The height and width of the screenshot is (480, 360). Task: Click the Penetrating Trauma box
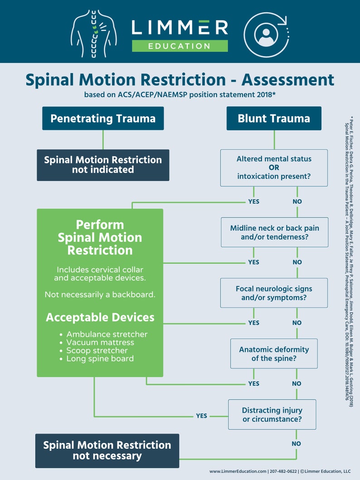(103, 119)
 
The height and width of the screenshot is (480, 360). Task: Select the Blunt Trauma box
(274, 119)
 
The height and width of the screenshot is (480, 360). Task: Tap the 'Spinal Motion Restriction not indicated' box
(103, 165)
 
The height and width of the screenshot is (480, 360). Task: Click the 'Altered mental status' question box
(274, 168)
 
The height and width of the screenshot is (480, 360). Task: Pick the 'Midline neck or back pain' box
(274, 232)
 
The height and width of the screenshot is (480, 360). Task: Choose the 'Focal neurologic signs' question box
(274, 293)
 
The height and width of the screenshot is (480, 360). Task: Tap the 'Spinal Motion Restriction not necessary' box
(107, 451)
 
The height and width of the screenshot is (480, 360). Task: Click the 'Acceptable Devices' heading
(100, 317)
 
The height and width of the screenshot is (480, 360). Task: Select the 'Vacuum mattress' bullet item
(100, 342)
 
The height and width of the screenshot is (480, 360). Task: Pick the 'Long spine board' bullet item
(100, 359)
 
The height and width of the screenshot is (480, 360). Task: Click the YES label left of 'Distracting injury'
(201, 416)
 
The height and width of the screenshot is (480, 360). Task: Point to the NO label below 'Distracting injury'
(296, 444)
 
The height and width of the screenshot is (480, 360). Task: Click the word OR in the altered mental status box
(274, 168)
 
